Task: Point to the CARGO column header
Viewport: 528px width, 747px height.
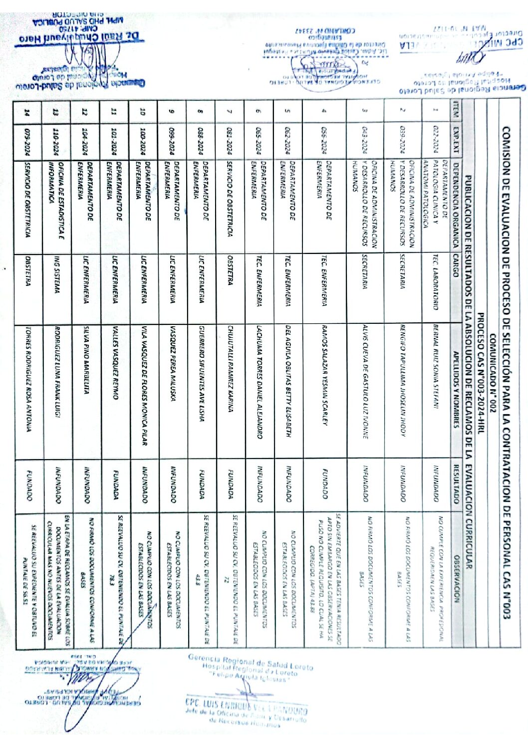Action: [455, 265]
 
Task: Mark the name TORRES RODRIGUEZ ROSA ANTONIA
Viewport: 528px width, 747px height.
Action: [28, 379]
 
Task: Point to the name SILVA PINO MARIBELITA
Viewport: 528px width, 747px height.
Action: [86, 359]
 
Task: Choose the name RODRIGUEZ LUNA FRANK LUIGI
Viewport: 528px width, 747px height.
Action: [57, 372]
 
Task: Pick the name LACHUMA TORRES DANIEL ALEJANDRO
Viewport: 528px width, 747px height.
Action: [259, 382]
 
